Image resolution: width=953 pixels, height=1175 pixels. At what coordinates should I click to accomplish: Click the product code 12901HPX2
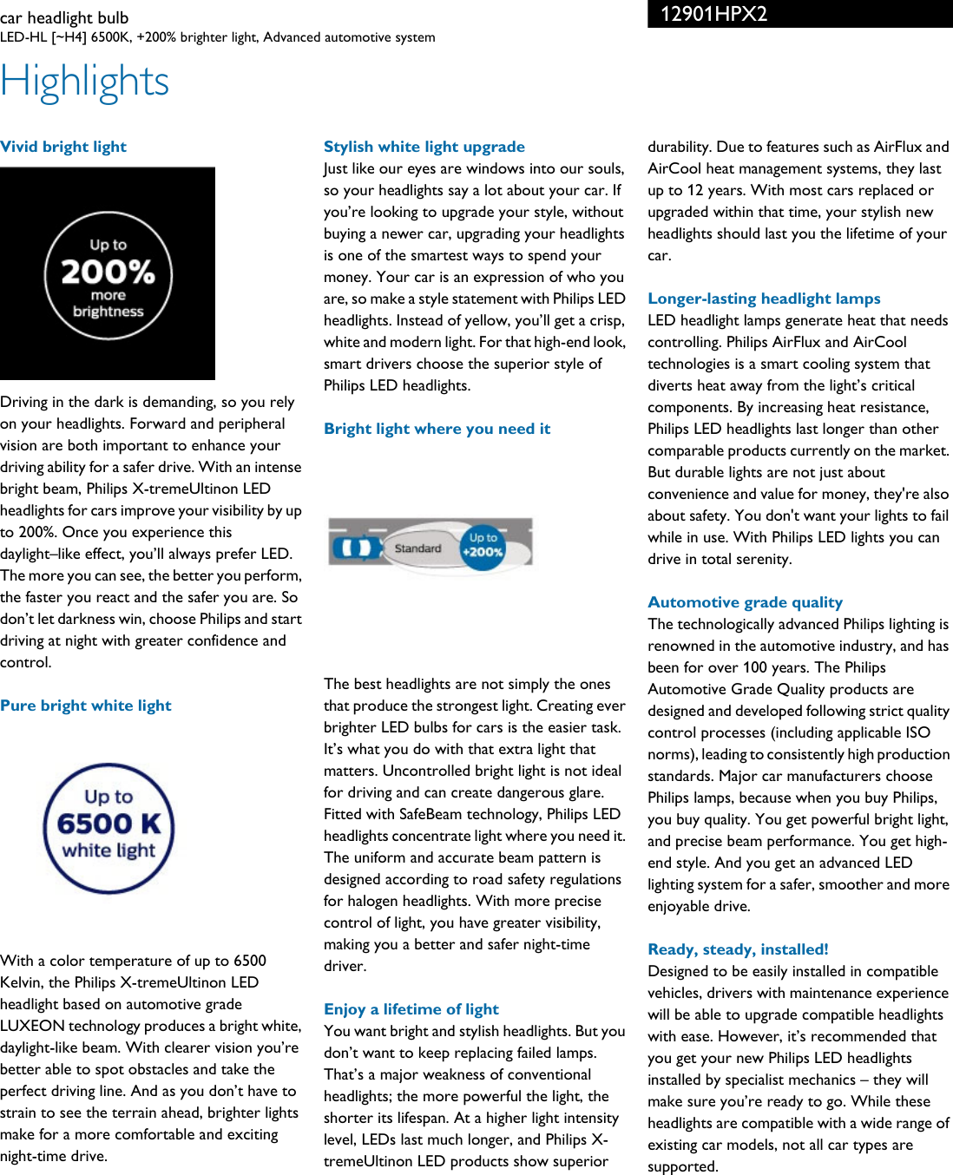click(713, 14)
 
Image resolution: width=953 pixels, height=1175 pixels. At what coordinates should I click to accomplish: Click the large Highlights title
click(85, 82)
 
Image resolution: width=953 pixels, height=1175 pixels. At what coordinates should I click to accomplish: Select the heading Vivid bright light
click(63, 147)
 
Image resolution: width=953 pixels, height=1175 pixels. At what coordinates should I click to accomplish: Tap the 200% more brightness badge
click(108, 275)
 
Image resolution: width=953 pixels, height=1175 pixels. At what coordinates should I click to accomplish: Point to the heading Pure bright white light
click(86, 706)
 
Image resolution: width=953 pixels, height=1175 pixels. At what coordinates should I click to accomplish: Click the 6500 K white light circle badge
click(108, 828)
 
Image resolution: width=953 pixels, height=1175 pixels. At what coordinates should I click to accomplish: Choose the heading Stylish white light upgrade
click(424, 147)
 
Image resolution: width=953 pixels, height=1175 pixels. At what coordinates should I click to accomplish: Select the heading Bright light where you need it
click(437, 429)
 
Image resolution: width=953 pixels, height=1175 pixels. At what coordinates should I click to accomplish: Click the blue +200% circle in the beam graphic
click(483, 547)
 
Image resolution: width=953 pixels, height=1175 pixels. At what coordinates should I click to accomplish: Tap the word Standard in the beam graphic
click(417, 548)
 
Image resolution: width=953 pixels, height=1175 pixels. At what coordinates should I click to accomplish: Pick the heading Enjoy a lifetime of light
click(411, 1009)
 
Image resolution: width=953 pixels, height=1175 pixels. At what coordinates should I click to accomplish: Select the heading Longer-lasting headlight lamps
click(764, 299)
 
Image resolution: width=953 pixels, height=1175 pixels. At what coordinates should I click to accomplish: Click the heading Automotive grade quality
click(745, 602)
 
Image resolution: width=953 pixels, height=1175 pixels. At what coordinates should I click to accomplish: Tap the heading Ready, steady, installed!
click(738, 949)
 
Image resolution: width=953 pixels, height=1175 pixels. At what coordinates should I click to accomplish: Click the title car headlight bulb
click(64, 17)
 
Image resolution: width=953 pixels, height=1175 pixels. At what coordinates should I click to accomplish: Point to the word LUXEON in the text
click(33, 1026)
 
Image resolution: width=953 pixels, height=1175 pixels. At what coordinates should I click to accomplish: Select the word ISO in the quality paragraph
click(917, 732)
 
